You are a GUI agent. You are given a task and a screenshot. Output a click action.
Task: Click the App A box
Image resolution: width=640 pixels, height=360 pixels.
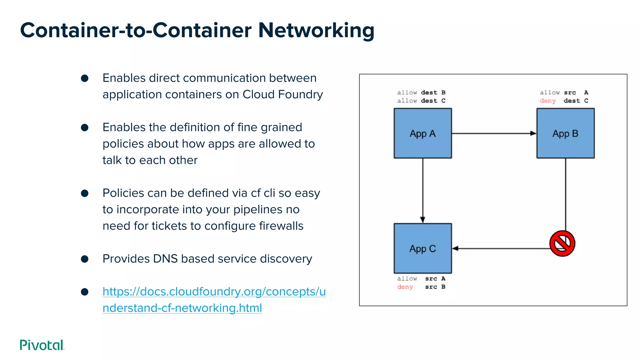(x=422, y=133)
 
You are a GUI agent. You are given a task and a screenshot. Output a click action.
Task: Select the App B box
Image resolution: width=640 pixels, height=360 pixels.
(x=565, y=133)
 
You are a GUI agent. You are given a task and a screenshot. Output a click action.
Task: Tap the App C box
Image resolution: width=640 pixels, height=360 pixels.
(x=422, y=248)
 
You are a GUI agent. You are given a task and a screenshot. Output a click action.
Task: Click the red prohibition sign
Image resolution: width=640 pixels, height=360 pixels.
(x=562, y=243)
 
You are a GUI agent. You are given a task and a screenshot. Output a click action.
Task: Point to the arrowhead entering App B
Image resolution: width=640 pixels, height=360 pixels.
(x=533, y=133)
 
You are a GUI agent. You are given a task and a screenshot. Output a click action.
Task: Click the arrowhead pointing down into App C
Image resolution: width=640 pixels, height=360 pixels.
(x=422, y=220)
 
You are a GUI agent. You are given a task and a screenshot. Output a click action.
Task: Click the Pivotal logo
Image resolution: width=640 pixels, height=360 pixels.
(x=42, y=345)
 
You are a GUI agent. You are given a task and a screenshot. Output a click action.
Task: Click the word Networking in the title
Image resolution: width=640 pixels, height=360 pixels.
(x=316, y=30)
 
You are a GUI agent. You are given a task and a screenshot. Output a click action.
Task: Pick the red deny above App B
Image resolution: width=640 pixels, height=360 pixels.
(x=547, y=101)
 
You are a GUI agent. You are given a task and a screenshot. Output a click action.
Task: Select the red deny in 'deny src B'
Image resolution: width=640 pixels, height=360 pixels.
(x=405, y=287)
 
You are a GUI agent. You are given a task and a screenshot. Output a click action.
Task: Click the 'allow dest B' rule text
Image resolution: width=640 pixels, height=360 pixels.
(x=421, y=92)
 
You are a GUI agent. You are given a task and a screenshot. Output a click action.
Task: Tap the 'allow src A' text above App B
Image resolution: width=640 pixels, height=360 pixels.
(x=564, y=92)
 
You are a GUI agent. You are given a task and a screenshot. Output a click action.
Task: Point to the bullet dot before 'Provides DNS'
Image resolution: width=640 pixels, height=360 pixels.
(x=84, y=259)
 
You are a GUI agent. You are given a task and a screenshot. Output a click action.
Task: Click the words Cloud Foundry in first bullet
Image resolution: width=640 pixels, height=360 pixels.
(x=282, y=94)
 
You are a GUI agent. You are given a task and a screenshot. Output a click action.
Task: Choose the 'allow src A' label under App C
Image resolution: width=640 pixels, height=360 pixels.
(x=421, y=279)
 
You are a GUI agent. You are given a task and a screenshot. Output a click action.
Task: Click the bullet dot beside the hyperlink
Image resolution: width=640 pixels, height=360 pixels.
(x=84, y=292)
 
